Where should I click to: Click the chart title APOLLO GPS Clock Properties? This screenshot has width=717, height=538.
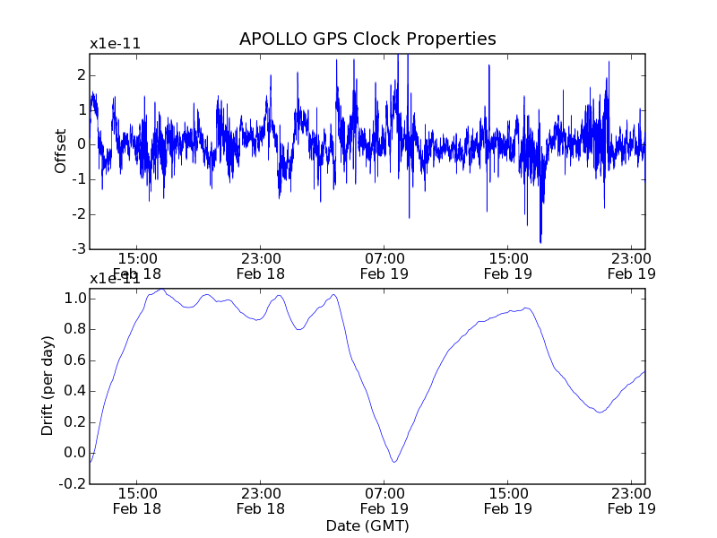[x=367, y=39]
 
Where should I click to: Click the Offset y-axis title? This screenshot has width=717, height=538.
[x=61, y=151]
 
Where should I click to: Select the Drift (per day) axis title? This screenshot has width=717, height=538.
[x=48, y=386]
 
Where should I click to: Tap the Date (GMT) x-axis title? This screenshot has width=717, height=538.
[x=367, y=525]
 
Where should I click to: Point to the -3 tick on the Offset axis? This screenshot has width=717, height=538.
[x=79, y=248]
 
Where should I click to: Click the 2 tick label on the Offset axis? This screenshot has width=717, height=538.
[x=81, y=74]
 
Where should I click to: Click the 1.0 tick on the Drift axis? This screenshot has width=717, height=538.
[x=74, y=298]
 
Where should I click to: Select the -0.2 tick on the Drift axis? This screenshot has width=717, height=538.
[x=73, y=483]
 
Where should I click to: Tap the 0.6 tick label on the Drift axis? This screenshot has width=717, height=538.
[x=74, y=360]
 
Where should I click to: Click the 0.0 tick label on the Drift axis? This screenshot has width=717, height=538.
[x=74, y=453]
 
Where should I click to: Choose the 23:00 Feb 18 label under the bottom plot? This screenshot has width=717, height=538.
[x=260, y=499]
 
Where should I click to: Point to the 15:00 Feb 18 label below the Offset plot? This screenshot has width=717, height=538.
[x=136, y=265]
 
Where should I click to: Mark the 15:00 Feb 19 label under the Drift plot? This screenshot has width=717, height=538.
[x=508, y=499]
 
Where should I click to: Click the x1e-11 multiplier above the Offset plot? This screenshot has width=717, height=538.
[x=114, y=44]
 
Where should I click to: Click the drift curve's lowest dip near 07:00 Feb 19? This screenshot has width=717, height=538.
[x=394, y=462]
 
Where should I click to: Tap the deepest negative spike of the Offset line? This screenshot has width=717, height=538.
[x=540, y=242]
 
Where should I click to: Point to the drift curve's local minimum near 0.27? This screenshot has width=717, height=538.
[x=600, y=412]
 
